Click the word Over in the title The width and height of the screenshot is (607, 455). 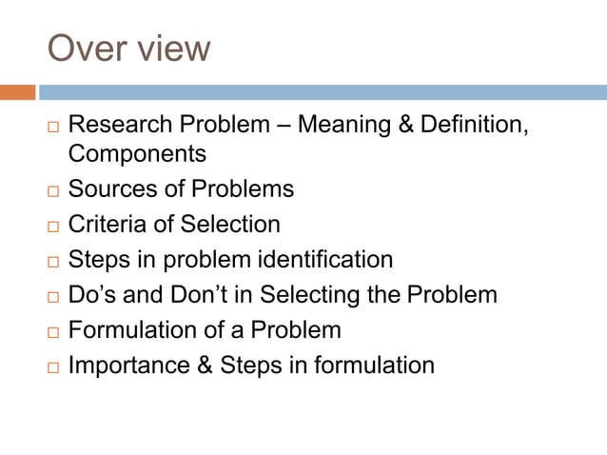(85, 48)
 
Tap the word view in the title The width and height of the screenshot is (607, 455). (170, 48)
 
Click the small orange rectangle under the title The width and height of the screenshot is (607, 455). (18, 92)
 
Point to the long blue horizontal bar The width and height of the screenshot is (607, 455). (323, 92)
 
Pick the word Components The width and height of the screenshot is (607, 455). (137, 152)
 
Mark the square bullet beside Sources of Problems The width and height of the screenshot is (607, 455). (53, 190)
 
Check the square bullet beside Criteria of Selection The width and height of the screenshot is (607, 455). (53, 226)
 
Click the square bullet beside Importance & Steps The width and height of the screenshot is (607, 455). (53, 366)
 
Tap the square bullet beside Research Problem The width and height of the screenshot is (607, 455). (53, 127)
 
